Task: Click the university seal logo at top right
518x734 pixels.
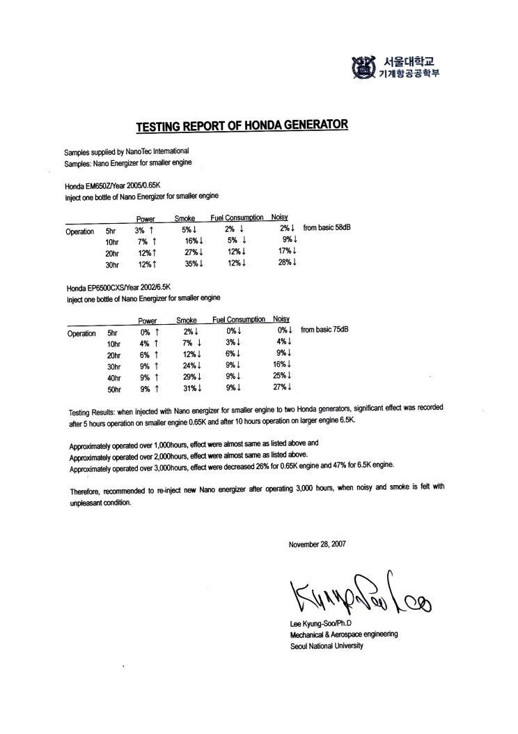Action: [363, 66]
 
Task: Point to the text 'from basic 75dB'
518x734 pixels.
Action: [324, 330]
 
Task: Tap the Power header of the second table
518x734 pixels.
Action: [148, 321]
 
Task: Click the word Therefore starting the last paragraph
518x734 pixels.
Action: [86, 491]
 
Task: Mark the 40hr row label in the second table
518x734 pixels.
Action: [113, 377]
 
